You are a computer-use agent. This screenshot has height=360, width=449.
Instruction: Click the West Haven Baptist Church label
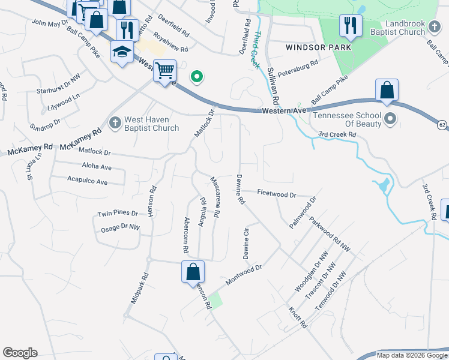click(151, 124)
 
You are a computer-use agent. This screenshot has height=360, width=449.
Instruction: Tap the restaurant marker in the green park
click(349, 26)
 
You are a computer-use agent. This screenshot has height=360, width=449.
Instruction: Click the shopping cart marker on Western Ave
click(164, 71)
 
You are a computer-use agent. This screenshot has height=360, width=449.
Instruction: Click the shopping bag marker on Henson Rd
click(193, 271)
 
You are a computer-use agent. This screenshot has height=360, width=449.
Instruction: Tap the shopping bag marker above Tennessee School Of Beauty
click(387, 91)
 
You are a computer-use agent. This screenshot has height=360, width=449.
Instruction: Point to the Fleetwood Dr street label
click(277, 194)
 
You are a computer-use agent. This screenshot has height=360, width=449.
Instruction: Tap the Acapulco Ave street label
click(87, 181)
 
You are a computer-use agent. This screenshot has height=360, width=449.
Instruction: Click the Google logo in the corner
click(20, 353)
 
